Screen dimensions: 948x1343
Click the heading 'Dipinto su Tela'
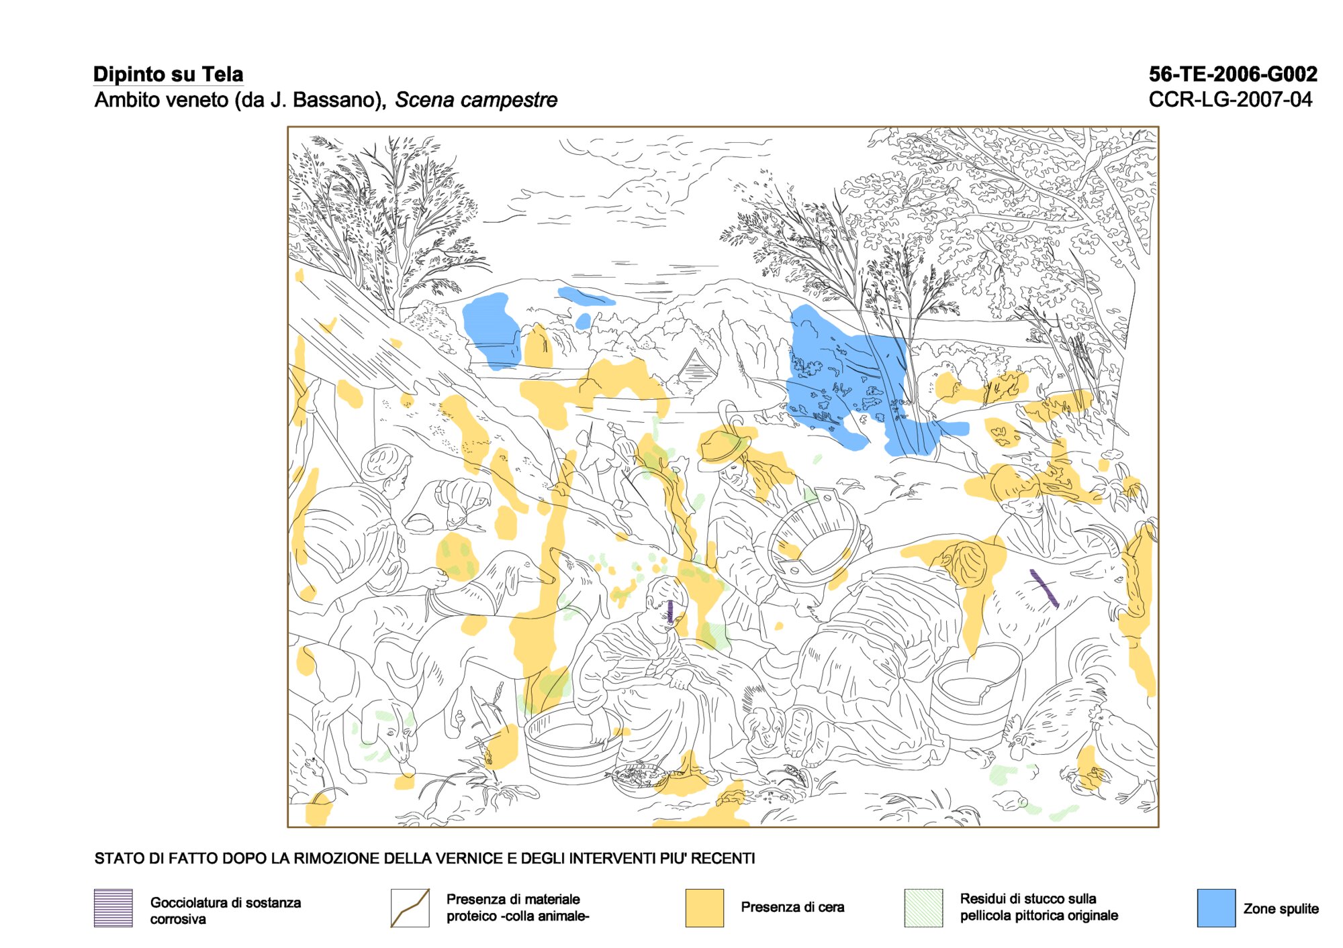click(168, 74)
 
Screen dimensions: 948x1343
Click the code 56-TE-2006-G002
click(1233, 74)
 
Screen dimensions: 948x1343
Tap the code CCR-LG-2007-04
click(1230, 99)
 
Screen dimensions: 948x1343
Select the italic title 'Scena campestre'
click(476, 100)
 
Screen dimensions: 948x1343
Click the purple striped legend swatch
click(113, 908)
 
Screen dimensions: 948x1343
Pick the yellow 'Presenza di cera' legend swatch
click(704, 908)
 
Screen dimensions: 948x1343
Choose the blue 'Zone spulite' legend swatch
click(1216, 908)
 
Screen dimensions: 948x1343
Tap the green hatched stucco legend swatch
click(923, 908)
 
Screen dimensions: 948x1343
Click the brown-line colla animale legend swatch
click(410, 908)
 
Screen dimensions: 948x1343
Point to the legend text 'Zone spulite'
click(1281, 908)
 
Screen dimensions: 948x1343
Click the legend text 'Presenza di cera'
click(792, 907)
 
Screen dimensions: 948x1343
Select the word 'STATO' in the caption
click(117, 858)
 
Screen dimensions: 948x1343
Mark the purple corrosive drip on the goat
click(1045, 588)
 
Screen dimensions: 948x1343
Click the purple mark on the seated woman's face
click(671, 611)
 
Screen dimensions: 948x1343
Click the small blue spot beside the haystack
click(583, 321)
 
